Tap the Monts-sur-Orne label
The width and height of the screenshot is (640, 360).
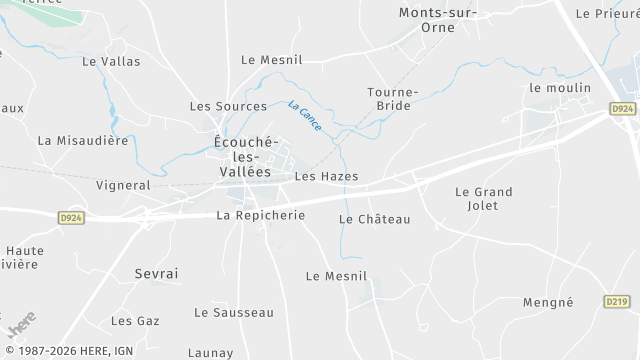[x=439, y=20]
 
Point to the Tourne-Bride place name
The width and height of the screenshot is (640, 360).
[x=392, y=98]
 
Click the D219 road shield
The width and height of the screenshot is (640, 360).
[x=617, y=301]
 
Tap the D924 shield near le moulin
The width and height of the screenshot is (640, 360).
[x=622, y=108]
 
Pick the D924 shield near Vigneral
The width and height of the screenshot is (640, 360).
[x=71, y=217]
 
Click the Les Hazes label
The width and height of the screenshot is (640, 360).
[x=326, y=177]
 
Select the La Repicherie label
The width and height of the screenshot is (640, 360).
[x=261, y=215]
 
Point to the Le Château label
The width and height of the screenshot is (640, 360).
[x=375, y=219]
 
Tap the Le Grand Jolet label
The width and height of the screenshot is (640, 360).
[x=483, y=198]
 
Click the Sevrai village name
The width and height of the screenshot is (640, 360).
[x=156, y=273]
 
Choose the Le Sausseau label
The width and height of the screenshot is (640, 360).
[x=234, y=312]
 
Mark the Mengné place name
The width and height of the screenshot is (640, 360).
[x=548, y=302]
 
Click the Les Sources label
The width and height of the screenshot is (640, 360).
[x=229, y=106]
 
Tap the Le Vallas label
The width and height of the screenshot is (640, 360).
[x=111, y=61]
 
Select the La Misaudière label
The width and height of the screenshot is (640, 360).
[x=84, y=141]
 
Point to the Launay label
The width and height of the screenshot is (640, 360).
[x=211, y=352]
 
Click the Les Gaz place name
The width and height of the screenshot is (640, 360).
[x=135, y=321]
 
